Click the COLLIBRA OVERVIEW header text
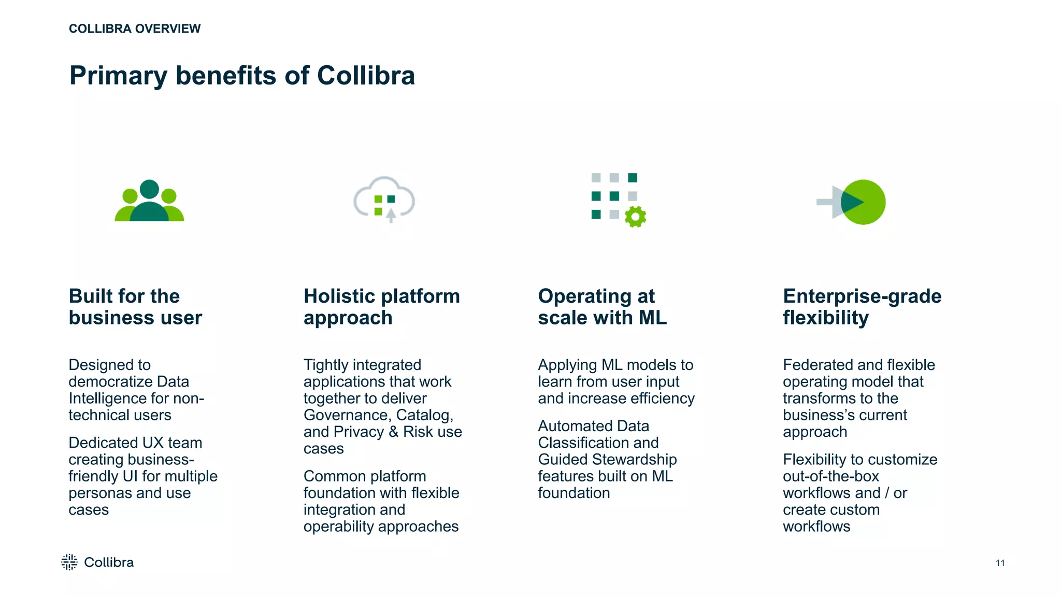pyautogui.click(x=135, y=29)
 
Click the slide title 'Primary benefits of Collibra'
pyautogui.click(x=242, y=76)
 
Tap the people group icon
pyautogui.click(x=149, y=201)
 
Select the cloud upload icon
pyautogui.click(x=384, y=200)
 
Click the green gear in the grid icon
pyautogui.click(x=635, y=217)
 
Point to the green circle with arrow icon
pyautogui.click(x=863, y=202)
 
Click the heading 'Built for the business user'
pyautogui.click(x=135, y=307)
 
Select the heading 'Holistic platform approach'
pyautogui.click(x=381, y=307)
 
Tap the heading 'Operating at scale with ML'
pyautogui.click(x=602, y=307)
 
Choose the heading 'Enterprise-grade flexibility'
pyautogui.click(x=862, y=307)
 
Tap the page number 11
pyautogui.click(x=1000, y=563)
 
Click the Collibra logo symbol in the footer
pyautogui.click(x=69, y=562)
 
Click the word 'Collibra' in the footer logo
pyautogui.click(x=109, y=562)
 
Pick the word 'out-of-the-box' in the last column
pyautogui.click(x=831, y=476)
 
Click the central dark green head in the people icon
pyautogui.click(x=149, y=189)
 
